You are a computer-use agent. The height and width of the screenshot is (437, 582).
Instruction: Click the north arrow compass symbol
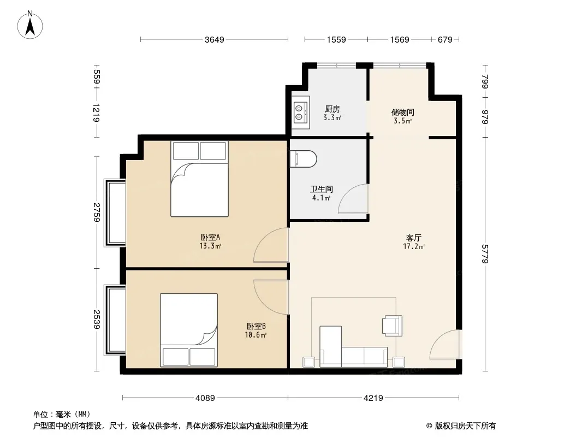[x=30, y=25]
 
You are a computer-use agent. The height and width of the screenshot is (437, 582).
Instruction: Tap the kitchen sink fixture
[x=300, y=112]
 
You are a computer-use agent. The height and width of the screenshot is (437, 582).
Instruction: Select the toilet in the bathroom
[x=303, y=159]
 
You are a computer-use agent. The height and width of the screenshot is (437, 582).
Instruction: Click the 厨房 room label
[x=332, y=109]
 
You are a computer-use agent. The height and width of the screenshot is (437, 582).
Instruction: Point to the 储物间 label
[x=403, y=112]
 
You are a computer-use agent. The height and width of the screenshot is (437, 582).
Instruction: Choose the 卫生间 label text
[x=322, y=190]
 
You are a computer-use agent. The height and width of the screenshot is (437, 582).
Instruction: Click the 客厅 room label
[x=414, y=238]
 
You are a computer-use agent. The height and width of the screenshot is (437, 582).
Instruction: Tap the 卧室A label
[x=210, y=237]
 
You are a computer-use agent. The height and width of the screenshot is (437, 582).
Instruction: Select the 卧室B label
[x=256, y=326]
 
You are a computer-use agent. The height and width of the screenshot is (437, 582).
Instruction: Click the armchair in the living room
[x=393, y=326]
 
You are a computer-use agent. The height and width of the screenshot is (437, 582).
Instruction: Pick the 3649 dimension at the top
[x=215, y=39]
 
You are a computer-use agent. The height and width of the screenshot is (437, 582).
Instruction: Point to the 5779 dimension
[x=485, y=254]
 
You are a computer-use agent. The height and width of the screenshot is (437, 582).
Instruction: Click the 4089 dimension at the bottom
[x=205, y=398]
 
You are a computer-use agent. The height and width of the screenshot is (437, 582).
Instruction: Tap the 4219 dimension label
[x=373, y=398]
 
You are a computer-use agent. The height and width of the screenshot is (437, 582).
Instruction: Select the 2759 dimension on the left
[x=97, y=212]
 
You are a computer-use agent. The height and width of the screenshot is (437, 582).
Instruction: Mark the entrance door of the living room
[x=444, y=344]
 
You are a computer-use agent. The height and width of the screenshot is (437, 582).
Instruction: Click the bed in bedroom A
[x=199, y=179]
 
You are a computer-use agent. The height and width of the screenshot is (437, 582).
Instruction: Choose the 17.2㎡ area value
[x=414, y=246]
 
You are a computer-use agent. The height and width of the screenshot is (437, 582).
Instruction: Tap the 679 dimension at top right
[x=445, y=39]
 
